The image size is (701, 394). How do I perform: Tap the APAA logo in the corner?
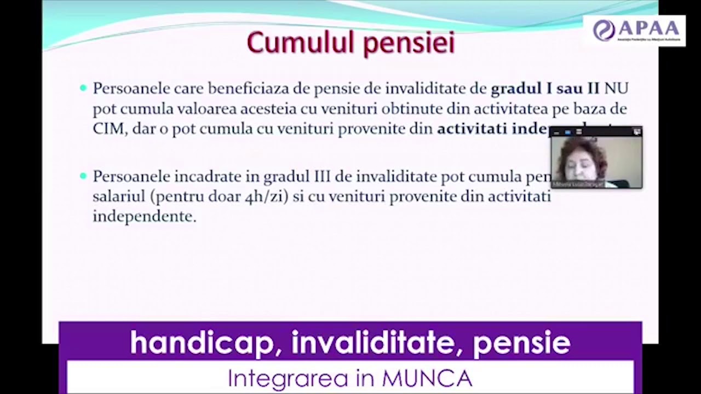click(x=634, y=31)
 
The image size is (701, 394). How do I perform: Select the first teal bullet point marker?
click(x=83, y=88)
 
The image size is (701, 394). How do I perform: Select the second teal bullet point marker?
click(x=83, y=176)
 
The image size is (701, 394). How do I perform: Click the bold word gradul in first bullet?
click(x=515, y=89)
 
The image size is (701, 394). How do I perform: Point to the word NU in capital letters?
click(x=616, y=89)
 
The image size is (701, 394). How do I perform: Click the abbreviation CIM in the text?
click(x=108, y=129)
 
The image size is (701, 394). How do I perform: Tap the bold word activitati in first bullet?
click(x=472, y=129)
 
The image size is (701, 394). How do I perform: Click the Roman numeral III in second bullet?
click(x=325, y=177)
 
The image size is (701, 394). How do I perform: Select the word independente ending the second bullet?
click(x=144, y=217)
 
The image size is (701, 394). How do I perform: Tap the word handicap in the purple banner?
click(x=202, y=343)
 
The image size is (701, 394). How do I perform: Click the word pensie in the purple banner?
click(x=521, y=343)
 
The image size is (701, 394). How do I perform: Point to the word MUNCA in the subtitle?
click(x=427, y=378)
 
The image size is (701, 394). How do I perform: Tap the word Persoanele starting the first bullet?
click(x=131, y=89)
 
